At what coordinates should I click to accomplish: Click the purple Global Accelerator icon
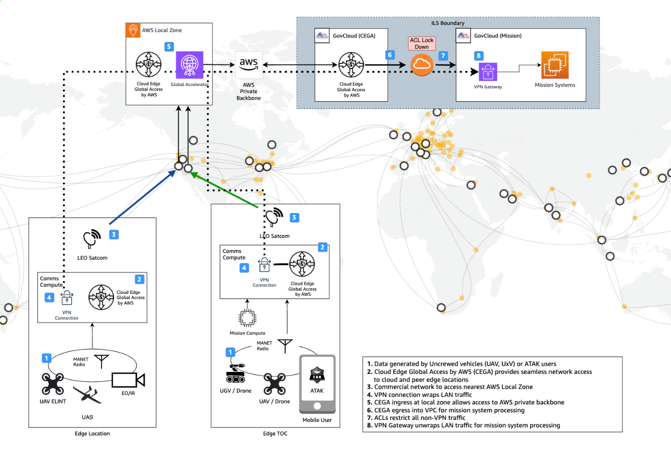tap(189, 65)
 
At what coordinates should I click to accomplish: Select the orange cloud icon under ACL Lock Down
tap(421, 64)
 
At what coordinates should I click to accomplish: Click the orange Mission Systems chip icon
tap(555, 65)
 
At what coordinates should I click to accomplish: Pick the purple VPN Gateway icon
tap(488, 72)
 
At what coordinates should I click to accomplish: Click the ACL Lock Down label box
tap(421, 43)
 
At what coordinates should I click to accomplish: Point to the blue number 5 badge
tap(169, 47)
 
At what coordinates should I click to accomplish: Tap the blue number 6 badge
tap(390, 55)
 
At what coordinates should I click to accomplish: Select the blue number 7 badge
tap(443, 55)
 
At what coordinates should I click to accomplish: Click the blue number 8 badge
tap(478, 55)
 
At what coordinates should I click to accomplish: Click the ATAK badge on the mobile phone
tap(317, 375)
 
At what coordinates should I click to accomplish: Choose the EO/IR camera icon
tap(128, 380)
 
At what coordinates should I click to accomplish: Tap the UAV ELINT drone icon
tap(53, 384)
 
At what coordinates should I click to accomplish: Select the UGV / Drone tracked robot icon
tap(235, 373)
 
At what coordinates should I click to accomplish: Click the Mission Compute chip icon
tap(247, 318)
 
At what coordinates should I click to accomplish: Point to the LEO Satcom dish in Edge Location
tap(92, 238)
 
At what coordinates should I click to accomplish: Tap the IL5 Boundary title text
tap(448, 23)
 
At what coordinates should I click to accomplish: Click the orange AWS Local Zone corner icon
tap(133, 30)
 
